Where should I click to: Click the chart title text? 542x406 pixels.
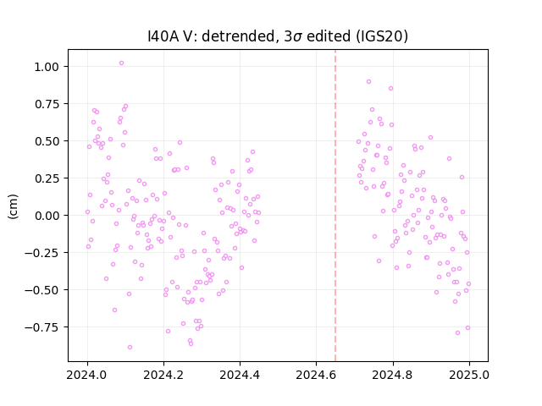point(278,36)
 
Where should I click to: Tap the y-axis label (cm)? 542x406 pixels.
point(13,206)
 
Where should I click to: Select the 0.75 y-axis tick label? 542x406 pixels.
point(47,104)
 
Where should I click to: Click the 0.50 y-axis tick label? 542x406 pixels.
point(47,141)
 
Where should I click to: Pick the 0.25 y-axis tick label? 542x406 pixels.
point(47,178)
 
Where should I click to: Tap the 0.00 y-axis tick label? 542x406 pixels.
point(47,216)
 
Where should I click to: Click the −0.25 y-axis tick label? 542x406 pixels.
point(41,253)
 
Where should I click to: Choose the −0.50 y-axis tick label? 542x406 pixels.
point(41,290)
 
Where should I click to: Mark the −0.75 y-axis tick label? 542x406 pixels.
point(41,327)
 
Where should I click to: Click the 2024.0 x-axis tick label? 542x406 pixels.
point(87,375)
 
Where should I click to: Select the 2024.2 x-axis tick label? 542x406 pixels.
point(163,375)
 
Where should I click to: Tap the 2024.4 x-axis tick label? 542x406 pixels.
point(240,375)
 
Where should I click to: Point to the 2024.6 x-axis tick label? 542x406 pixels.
point(316,375)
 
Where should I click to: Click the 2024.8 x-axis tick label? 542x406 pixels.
point(393,375)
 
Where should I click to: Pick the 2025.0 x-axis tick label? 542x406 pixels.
point(469,375)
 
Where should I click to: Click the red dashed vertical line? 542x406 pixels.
point(335,206)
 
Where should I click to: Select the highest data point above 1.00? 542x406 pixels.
point(121,63)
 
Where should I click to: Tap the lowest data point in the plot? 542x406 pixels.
point(130,348)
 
